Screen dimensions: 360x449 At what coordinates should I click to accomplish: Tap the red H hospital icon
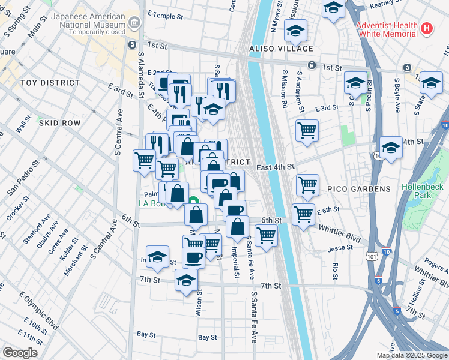(427, 28)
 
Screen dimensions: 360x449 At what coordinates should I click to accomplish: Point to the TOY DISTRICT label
(50, 83)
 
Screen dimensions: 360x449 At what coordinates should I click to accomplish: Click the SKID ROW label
(59, 122)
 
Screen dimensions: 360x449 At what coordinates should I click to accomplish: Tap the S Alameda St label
(140, 73)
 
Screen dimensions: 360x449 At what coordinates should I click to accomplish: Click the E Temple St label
(164, 13)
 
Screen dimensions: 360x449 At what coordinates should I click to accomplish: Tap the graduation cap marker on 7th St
(187, 280)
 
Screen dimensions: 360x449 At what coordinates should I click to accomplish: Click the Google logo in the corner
(20, 353)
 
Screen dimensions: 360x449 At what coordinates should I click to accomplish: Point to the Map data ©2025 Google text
(412, 355)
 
